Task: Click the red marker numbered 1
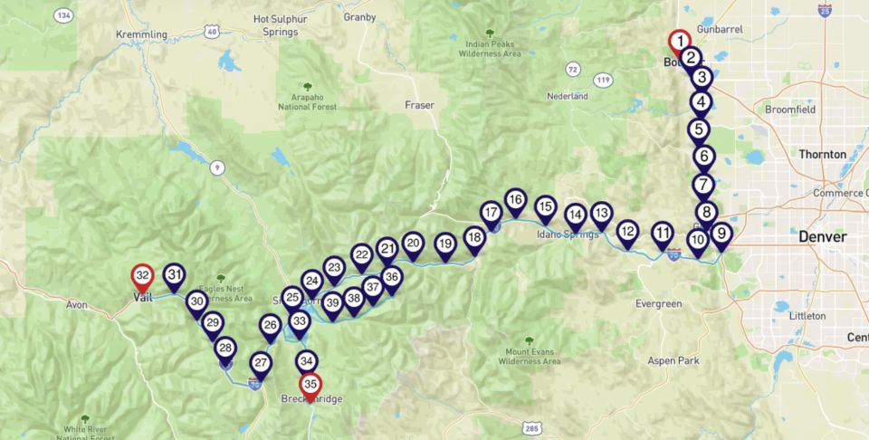679,42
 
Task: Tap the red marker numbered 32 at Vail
141,275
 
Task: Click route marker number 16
515,200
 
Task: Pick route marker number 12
627,232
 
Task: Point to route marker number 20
413,243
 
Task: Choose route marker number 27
261,364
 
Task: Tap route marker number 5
698,129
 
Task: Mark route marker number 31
175,275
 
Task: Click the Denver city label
822,237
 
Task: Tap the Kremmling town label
142,34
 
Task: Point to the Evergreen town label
658,303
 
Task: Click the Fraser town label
419,105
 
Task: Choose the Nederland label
568,95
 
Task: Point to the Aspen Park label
674,360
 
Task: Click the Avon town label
77,304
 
